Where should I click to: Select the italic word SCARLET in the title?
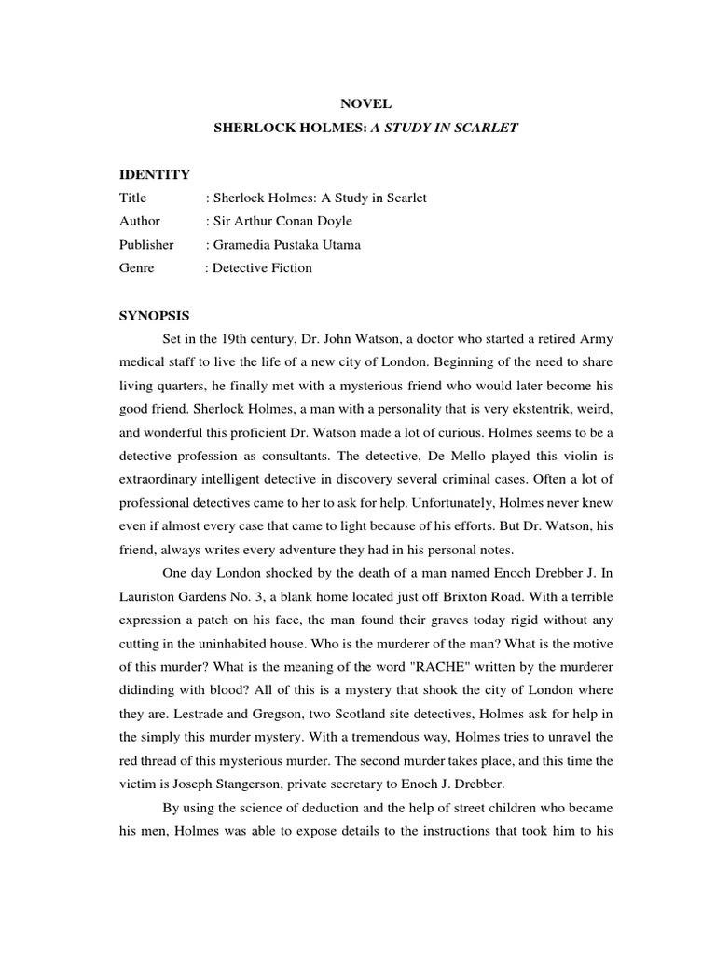[485, 128]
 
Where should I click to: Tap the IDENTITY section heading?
[155, 174]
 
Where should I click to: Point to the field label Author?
[140, 221]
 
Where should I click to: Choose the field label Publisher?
[146, 245]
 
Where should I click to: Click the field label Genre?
[137, 268]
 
